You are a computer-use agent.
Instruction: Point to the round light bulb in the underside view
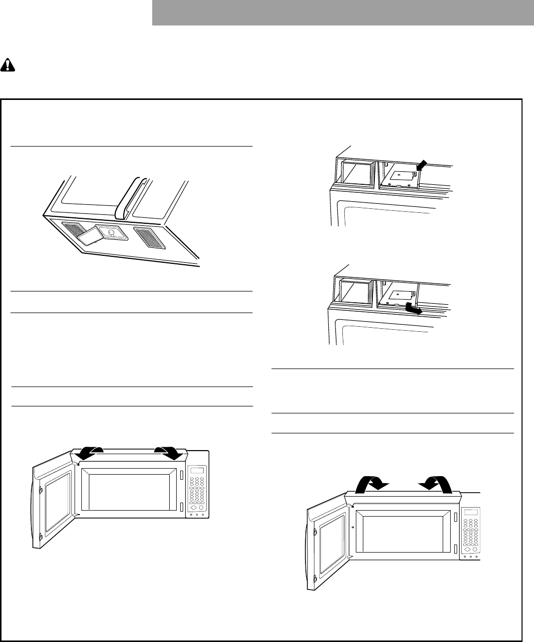tap(111, 232)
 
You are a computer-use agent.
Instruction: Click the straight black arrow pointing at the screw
tap(421, 164)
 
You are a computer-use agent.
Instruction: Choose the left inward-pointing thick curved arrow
tap(368, 485)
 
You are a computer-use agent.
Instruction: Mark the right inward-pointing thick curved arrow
tap(438, 485)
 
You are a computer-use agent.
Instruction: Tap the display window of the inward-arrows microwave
tap(470, 513)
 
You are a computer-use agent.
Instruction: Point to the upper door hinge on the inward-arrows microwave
tap(315, 533)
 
